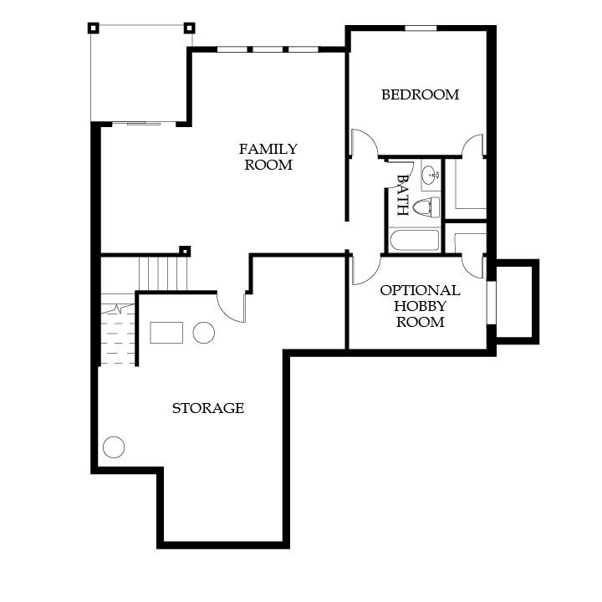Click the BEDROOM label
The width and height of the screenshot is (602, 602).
[420, 94]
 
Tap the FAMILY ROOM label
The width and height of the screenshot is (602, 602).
[268, 156]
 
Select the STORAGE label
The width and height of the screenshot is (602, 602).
[207, 408]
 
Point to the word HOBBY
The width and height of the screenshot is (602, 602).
[420, 306]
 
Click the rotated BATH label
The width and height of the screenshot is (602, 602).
[402, 195]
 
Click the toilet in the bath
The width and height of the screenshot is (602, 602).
[426, 207]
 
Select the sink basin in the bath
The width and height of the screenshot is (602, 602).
[431, 176]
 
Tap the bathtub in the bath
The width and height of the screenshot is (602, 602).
[414, 240]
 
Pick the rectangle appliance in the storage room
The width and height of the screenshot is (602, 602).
[166, 333]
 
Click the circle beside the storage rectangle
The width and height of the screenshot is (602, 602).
[204, 333]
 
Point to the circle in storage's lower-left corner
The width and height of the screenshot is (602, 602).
[114, 446]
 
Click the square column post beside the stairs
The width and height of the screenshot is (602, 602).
[185, 252]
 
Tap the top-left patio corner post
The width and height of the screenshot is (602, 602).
[94, 28]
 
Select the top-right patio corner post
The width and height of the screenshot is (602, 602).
[189, 28]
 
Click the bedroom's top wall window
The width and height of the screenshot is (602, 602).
[421, 28]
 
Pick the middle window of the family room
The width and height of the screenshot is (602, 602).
[268, 49]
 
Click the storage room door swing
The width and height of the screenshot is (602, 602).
[231, 307]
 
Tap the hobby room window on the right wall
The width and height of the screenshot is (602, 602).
[492, 303]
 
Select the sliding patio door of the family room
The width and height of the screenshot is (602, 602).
[144, 123]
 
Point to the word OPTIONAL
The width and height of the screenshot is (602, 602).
[420, 290]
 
